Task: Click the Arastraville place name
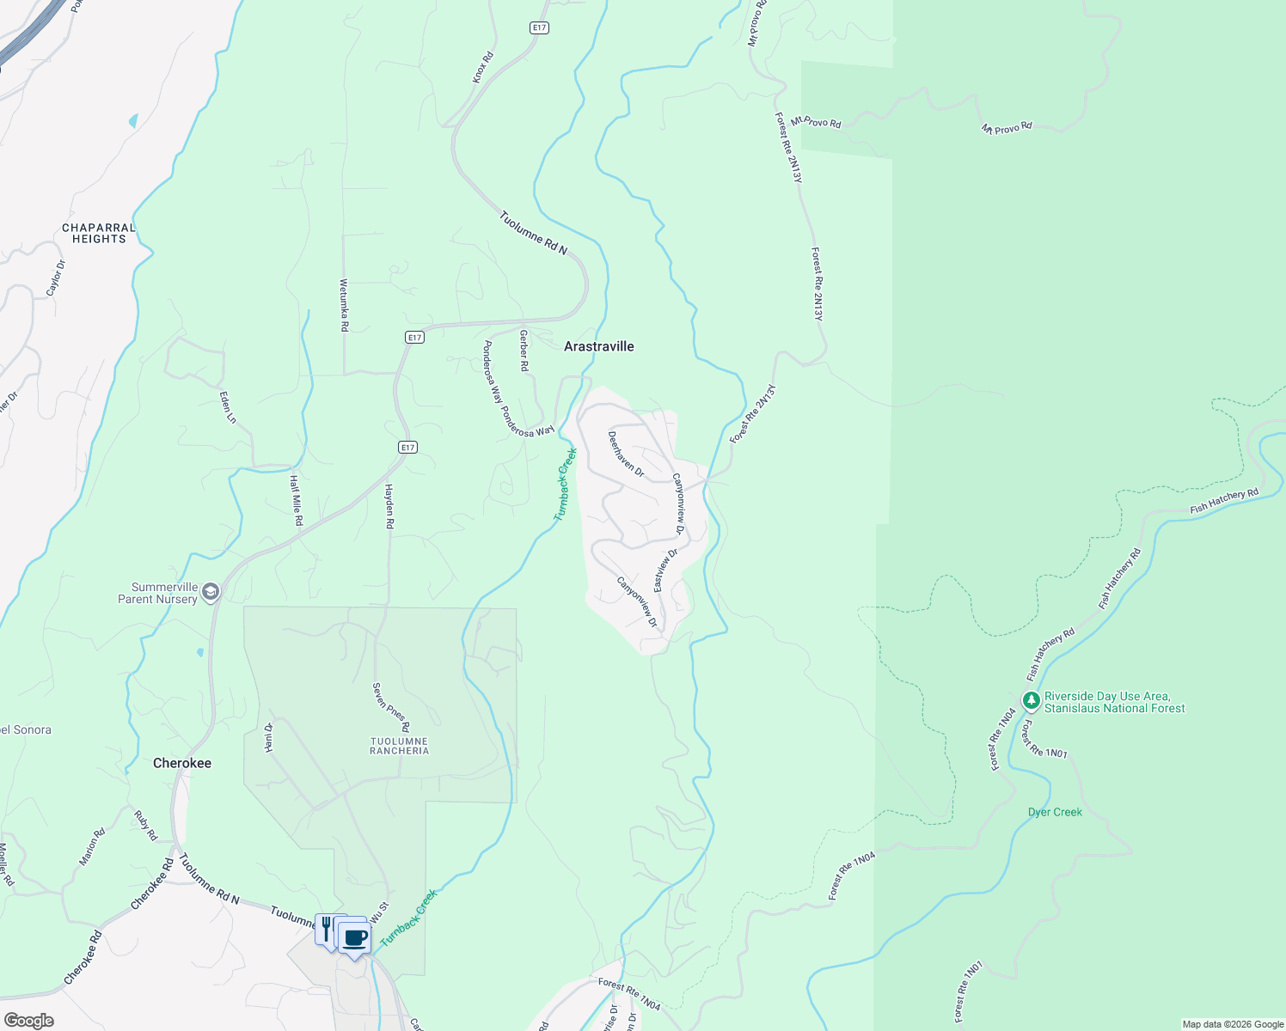tap(598, 346)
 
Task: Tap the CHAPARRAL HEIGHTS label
tap(99, 234)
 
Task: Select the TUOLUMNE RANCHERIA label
tap(399, 746)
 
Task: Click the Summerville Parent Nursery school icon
tap(211, 592)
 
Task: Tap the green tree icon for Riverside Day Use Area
tap(1032, 701)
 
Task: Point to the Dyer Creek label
tap(1055, 812)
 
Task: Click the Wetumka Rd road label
tap(344, 305)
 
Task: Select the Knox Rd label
tap(483, 68)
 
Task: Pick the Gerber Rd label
tap(524, 351)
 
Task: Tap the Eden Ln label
tap(228, 407)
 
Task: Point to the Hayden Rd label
tap(389, 506)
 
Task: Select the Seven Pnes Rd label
tap(390, 707)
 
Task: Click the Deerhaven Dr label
tap(626, 454)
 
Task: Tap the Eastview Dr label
tap(665, 570)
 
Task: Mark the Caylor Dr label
tap(56, 278)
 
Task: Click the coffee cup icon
tap(353, 937)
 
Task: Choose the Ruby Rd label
tap(146, 825)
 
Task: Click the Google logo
tap(28, 1021)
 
